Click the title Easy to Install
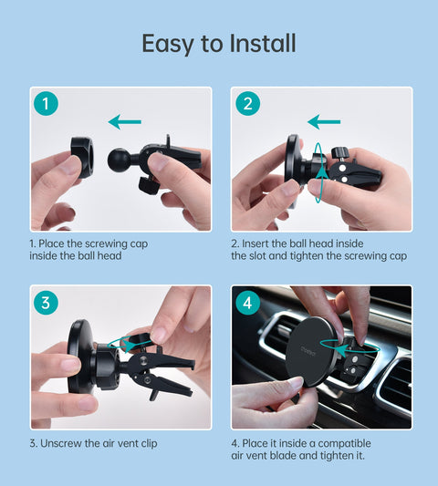click(x=219, y=44)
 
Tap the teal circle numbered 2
click(x=247, y=104)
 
